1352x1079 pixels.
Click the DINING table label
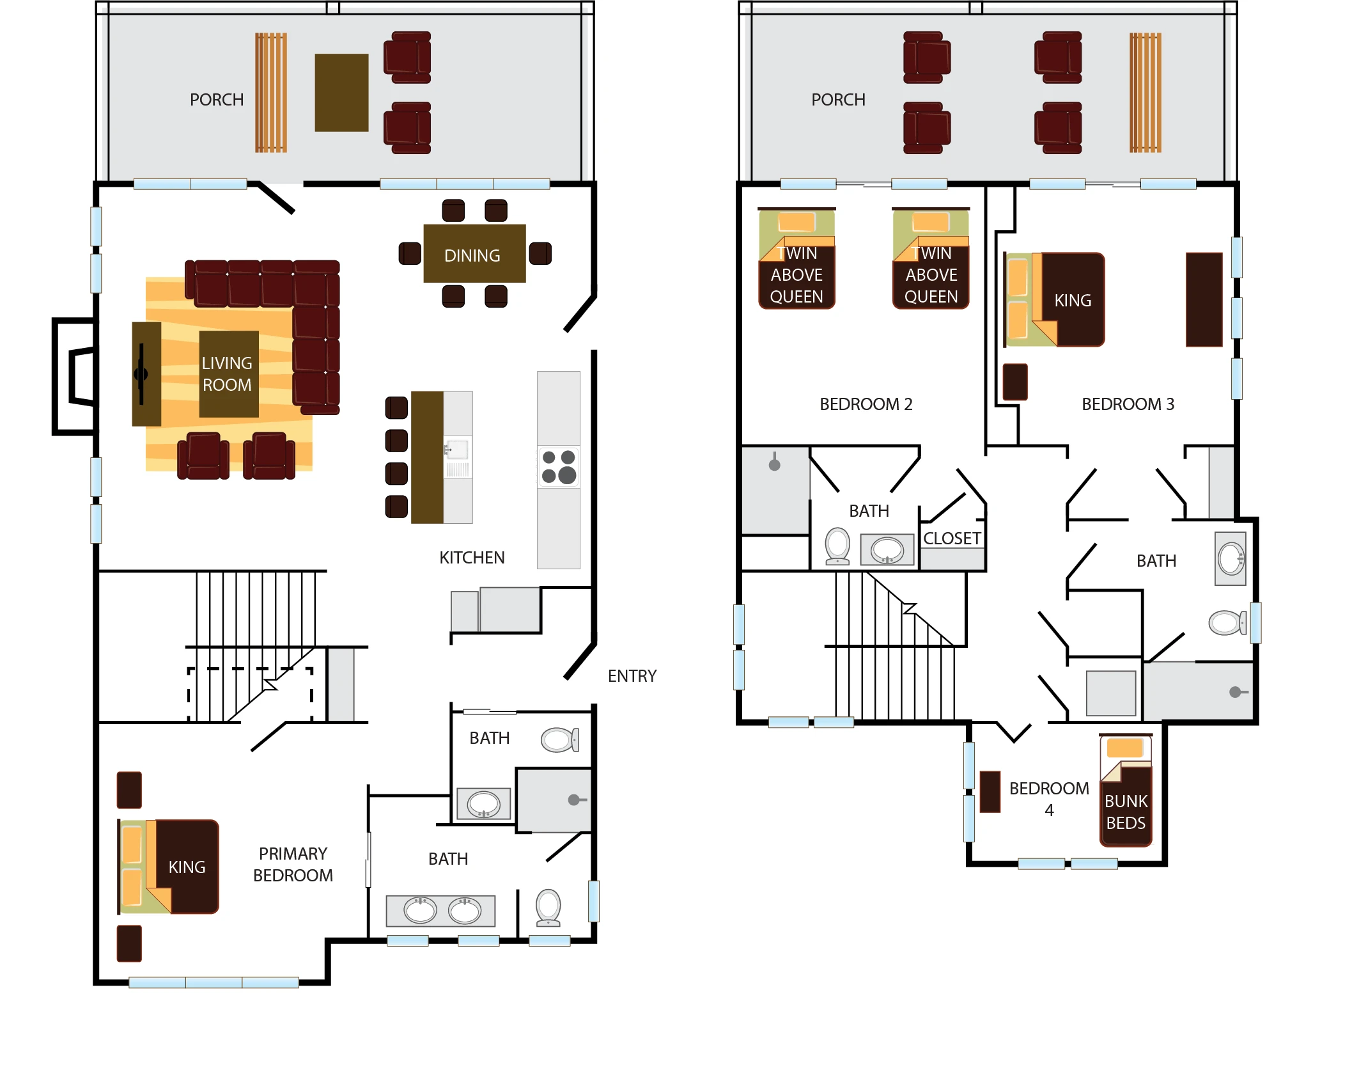coord(472,256)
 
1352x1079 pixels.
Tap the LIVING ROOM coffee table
coord(228,374)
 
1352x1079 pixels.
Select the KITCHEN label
coord(472,558)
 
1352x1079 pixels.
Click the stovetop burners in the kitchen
coord(559,466)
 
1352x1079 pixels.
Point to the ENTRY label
coord(632,676)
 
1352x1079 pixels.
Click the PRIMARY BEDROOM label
coord(293,865)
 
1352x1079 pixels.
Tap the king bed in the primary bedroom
coord(169,867)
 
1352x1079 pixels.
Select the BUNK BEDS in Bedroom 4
coord(1126,791)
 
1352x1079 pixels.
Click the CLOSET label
coord(952,539)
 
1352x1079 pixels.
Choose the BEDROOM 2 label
coord(866,404)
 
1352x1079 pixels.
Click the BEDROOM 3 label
coord(1128,404)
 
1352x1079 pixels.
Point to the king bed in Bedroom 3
coord(1055,300)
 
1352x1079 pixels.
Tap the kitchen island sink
coord(457,450)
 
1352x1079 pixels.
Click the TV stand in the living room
coord(146,374)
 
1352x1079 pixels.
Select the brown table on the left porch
coord(341,93)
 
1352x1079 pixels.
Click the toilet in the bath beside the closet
coord(837,546)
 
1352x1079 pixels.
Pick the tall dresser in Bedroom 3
coord(1204,299)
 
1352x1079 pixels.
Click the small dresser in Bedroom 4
coord(990,791)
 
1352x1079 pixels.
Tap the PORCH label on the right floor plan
coord(838,100)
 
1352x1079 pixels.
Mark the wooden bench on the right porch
coord(1145,93)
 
